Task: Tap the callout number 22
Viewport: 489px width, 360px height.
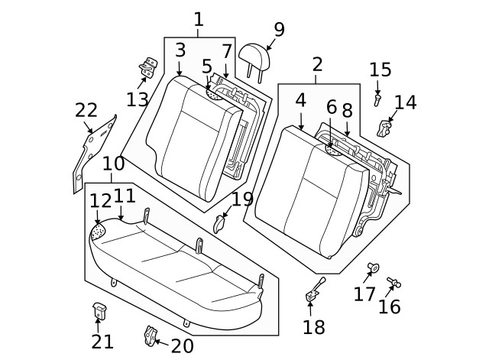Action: (x=86, y=110)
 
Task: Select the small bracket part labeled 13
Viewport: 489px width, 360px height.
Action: (x=148, y=66)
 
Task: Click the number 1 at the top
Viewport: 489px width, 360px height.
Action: (x=199, y=19)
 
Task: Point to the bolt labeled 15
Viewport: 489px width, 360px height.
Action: (x=377, y=99)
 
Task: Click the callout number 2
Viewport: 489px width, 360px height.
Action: (x=317, y=64)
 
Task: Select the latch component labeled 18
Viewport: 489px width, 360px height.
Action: (x=314, y=291)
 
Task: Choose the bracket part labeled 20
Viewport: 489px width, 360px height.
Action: (x=151, y=335)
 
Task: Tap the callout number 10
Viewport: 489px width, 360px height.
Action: (x=113, y=164)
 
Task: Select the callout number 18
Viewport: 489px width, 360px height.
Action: (x=313, y=327)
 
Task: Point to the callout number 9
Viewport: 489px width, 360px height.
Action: (x=279, y=30)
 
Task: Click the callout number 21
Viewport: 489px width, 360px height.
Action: (x=102, y=342)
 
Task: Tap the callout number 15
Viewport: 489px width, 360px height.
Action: (x=380, y=70)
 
